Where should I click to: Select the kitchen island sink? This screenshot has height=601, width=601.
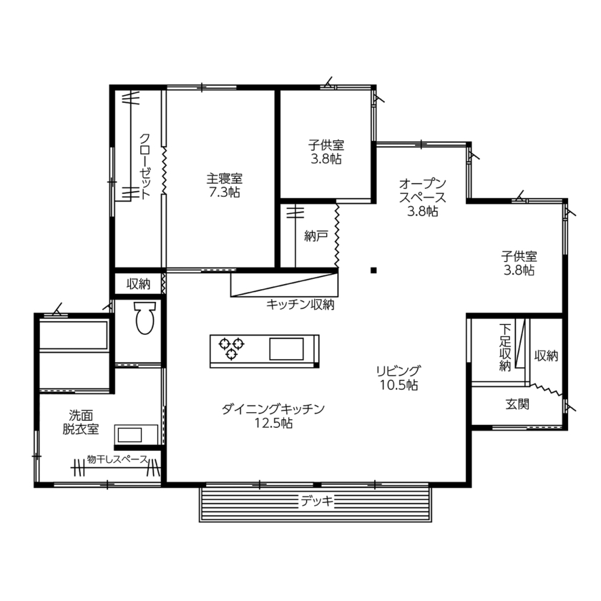point(286,350)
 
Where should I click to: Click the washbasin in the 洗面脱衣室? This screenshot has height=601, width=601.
point(135,434)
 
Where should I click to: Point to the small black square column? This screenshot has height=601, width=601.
point(373,270)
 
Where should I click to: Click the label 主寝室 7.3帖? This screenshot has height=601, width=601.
point(224,185)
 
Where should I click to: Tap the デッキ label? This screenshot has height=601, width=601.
point(316,501)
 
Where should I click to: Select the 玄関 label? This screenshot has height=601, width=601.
point(517,404)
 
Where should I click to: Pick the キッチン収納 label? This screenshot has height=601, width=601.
point(300,305)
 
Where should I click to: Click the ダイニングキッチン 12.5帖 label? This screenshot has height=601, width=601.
point(273,416)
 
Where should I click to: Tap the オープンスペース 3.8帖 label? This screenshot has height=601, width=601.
point(422,197)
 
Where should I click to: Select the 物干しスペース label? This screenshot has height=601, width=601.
point(117,459)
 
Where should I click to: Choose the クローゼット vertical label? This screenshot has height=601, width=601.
point(145,166)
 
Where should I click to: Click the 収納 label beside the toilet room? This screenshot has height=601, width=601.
point(138,283)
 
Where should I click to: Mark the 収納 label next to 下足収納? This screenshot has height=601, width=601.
point(546,356)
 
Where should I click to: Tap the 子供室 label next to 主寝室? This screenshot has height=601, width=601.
point(326,152)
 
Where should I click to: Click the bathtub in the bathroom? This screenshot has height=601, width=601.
point(73,336)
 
